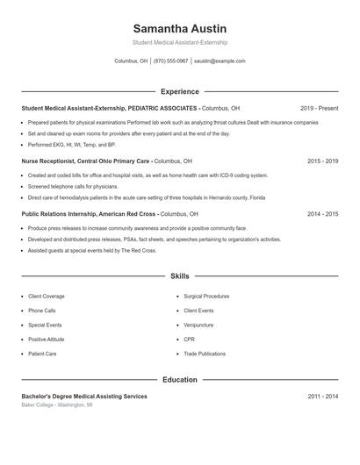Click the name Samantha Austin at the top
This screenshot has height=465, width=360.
pos(179,28)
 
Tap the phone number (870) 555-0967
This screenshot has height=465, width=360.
pos(170,61)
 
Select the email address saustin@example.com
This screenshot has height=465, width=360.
pos(220,61)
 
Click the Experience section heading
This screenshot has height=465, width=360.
pos(179,91)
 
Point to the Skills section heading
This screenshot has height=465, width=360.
pos(179,275)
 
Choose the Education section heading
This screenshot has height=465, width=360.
pos(179,380)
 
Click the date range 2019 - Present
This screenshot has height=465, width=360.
pos(319,108)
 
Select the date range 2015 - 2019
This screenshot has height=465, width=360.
pos(322,161)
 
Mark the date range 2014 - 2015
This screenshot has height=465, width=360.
pos(322,213)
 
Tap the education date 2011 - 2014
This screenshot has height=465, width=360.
pos(322,397)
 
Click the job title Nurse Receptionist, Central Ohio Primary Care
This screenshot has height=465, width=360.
pos(86,161)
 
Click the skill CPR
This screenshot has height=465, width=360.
pos(189,339)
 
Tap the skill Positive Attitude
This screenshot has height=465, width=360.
pos(46,339)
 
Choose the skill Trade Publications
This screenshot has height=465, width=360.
pos(204,353)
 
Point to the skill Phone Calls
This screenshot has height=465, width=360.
pos(41,311)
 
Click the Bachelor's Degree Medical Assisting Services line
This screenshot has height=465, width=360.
pos(84,397)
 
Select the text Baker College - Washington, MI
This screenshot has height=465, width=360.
pos(56,405)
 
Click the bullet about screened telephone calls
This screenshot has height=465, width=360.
pos(74,186)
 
